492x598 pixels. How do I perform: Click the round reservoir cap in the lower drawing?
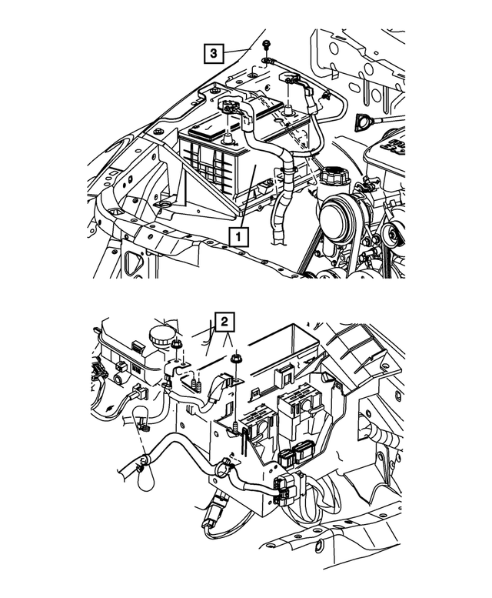(x=162, y=336)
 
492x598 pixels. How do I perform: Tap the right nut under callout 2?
(x=236, y=360)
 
